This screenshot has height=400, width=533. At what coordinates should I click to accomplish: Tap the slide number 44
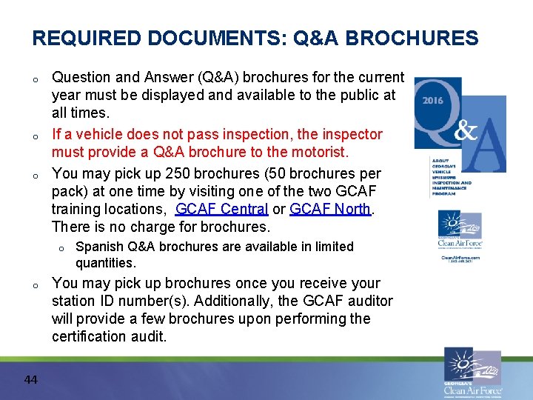click(x=30, y=380)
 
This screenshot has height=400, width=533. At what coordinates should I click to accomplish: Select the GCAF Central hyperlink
click(x=221, y=209)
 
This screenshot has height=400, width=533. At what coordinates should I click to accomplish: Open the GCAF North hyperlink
click(x=329, y=209)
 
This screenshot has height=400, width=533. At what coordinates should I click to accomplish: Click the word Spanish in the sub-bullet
click(x=98, y=247)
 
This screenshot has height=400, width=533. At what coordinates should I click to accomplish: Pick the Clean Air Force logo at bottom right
click(x=472, y=373)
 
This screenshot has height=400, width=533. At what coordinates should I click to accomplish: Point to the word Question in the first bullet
click(x=81, y=77)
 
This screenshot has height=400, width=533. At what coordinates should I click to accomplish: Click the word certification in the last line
click(x=89, y=336)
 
